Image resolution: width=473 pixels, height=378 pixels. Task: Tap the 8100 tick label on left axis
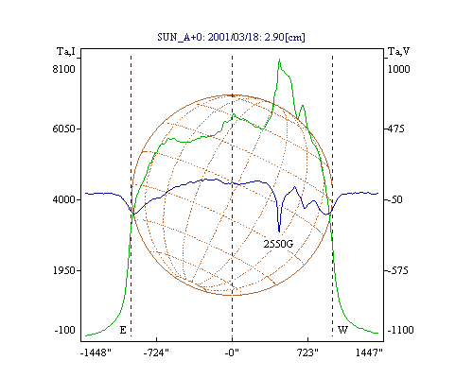click(x=64, y=69)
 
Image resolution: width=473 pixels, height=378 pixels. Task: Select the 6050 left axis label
click(x=64, y=129)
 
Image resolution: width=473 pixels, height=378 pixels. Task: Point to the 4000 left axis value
click(x=64, y=199)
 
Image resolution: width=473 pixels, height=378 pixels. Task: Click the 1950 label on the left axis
click(x=64, y=270)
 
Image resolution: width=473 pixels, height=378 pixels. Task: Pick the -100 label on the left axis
click(x=64, y=330)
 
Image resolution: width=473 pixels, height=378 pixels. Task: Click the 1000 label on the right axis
click(x=398, y=69)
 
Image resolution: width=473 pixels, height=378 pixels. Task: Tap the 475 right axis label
click(x=396, y=129)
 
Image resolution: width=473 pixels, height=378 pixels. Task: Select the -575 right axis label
click(x=397, y=270)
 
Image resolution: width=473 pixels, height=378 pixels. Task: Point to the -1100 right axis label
click(x=400, y=330)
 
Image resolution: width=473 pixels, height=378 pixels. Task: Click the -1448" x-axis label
click(x=96, y=352)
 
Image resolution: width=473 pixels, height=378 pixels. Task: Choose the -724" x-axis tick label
click(x=156, y=352)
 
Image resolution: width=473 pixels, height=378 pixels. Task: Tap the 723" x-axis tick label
click(x=307, y=352)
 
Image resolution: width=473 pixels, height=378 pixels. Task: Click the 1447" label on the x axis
click(x=369, y=352)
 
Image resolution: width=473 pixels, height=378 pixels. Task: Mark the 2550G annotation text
click(x=278, y=244)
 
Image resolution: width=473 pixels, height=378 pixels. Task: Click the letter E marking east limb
click(x=123, y=330)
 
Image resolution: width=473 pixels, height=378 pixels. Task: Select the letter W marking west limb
click(x=342, y=330)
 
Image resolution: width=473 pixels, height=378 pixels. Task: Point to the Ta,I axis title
click(x=66, y=51)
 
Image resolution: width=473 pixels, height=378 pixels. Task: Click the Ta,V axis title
click(x=399, y=51)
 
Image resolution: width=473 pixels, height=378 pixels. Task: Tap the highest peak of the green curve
click(x=279, y=60)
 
